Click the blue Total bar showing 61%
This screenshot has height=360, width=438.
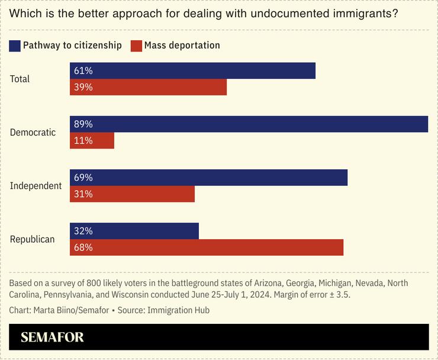[x=192, y=71]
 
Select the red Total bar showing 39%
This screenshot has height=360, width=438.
[x=148, y=87]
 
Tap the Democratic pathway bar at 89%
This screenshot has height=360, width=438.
[x=249, y=124]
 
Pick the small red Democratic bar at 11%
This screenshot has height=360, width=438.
[x=92, y=140]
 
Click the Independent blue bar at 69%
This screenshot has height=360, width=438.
[x=208, y=178]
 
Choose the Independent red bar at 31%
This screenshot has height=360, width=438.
[x=132, y=194]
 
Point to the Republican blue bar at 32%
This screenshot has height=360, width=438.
[x=134, y=231]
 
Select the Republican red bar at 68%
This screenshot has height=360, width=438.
[x=207, y=247]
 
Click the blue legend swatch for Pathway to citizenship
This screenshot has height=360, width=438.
[x=15, y=45]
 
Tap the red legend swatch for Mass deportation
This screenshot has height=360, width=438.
[x=136, y=45]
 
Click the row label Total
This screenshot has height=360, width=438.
[x=20, y=79]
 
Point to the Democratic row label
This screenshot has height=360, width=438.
[x=33, y=132]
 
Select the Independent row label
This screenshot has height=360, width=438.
[x=36, y=185]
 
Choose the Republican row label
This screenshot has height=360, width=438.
[x=33, y=239]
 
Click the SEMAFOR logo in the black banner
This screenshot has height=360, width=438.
[x=52, y=337]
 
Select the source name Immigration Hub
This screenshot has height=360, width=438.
[x=178, y=310]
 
